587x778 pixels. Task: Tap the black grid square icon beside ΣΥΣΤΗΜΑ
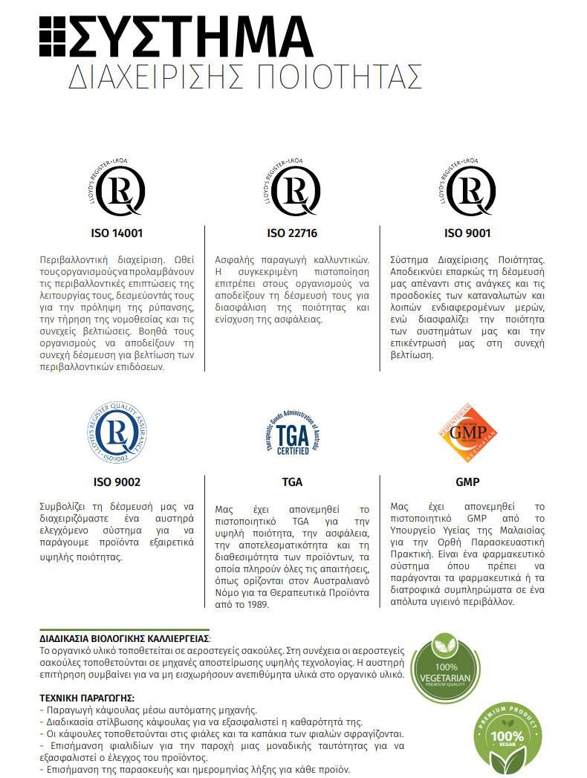pos(52,36)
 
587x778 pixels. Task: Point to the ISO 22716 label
pos(292,233)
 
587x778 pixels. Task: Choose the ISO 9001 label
pos(467,233)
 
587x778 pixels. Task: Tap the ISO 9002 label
pos(117,482)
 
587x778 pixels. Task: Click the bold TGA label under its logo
pos(292,482)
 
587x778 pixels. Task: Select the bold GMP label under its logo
pos(467,482)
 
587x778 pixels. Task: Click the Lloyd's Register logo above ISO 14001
pos(117,187)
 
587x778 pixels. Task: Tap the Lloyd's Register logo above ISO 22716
pos(292,187)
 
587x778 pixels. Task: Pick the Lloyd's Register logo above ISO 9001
pos(467,187)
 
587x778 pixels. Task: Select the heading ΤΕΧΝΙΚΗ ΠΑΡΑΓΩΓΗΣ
pos(86,698)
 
